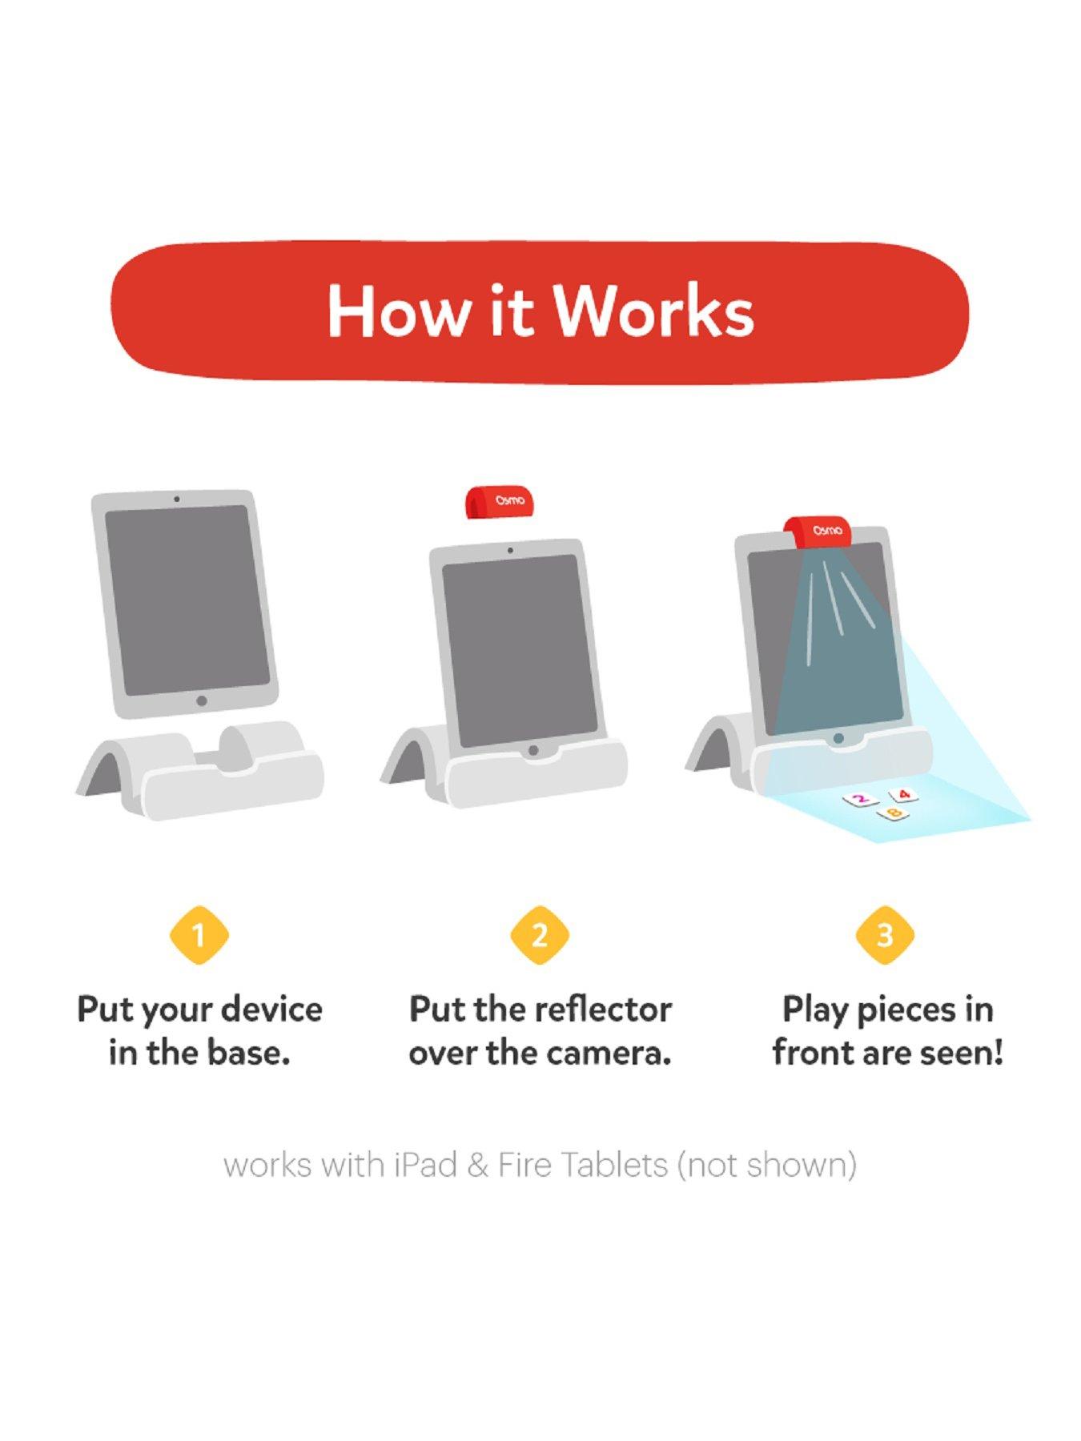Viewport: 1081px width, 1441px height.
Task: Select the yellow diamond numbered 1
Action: [199, 935]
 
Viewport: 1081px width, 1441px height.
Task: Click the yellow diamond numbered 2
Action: [540, 935]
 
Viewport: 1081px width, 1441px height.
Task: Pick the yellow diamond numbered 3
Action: [885, 935]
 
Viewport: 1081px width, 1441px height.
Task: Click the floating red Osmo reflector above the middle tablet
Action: [501, 501]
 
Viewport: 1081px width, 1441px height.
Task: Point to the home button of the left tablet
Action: [202, 701]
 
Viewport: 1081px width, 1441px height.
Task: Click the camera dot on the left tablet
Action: [177, 499]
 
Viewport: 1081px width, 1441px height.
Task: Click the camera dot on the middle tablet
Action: [510, 551]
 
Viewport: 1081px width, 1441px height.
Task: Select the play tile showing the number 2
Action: [860, 799]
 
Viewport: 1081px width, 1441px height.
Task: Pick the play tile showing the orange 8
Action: [894, 813]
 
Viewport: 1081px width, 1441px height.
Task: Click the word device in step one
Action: [271, 1009]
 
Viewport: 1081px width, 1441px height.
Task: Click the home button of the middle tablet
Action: [532, 751]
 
